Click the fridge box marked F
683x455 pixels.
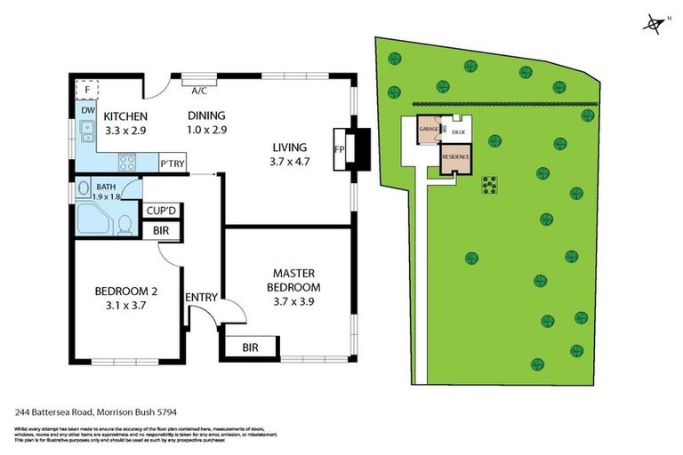[x=87, y=90]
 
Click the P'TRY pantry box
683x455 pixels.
[x=171, y=164]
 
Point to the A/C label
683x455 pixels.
[x=201, y=89]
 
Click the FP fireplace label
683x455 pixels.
[x=339, y=148]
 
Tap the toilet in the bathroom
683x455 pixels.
[x=125, y=224]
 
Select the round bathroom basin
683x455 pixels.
[x=83, y=188]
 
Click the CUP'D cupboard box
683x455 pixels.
[x=161, y=211]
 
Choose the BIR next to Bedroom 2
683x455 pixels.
[x=161, y=232]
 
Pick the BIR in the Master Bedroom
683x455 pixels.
[x=253, y=347]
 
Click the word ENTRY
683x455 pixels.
[x=200, y=297]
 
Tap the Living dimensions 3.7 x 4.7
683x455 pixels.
[x=290, y=163]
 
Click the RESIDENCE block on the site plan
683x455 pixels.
[x=456, y=156]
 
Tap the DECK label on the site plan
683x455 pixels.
[x=458, y=132]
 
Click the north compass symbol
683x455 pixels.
[x=655, y=23]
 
